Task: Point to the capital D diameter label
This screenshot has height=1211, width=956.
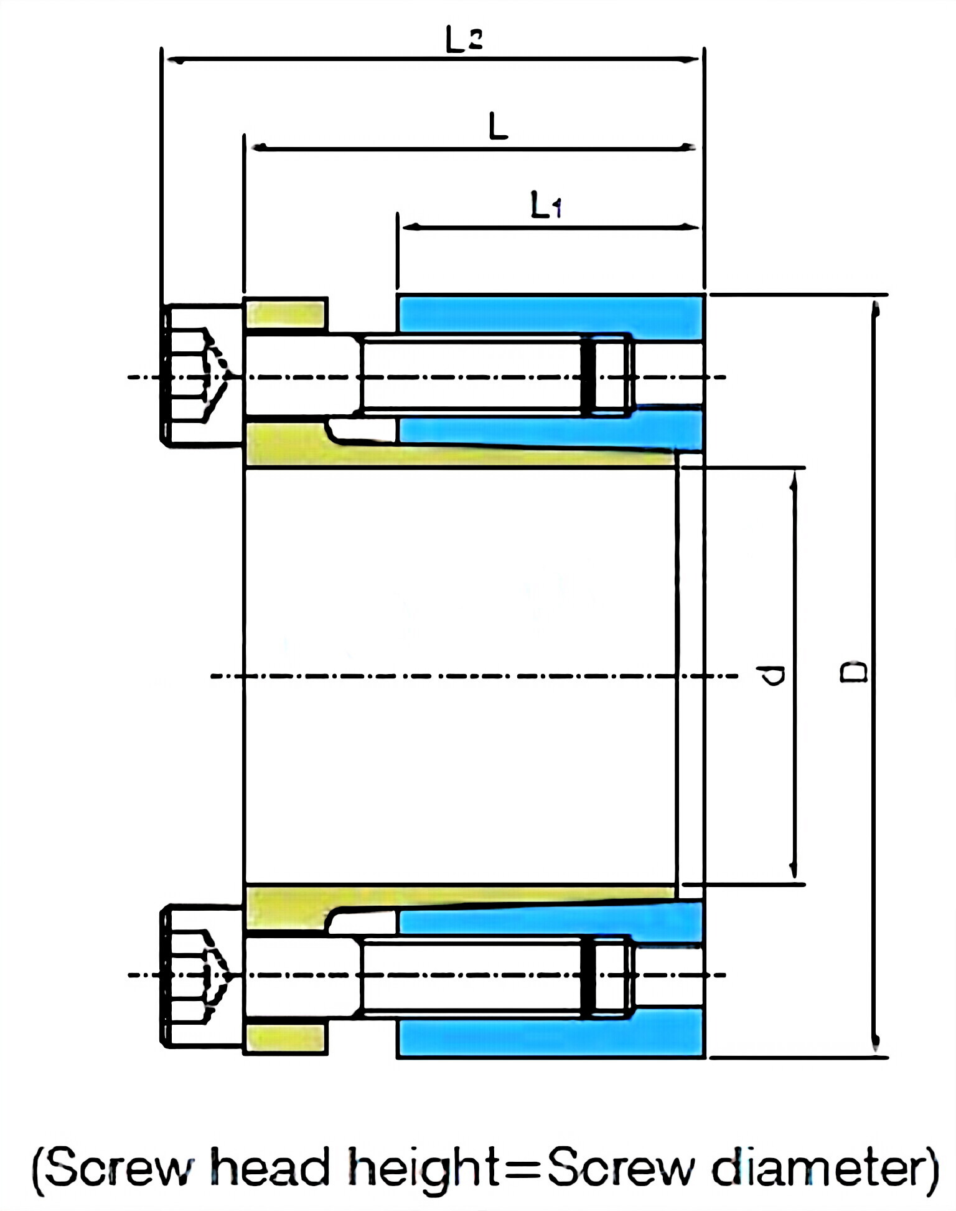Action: tap(854, 673)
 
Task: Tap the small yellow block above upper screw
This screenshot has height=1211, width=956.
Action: tap(286, 314)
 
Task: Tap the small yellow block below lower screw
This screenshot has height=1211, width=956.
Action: tap(286, 1038)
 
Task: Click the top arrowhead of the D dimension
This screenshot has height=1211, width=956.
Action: tap(875, 309)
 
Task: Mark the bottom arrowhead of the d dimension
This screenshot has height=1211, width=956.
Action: tap(793, 871)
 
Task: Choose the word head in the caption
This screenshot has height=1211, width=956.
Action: tap(269, 1167)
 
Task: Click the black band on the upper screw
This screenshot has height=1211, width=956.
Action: tap(588, 376)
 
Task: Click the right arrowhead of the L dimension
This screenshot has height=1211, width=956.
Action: tap(687, 148)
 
